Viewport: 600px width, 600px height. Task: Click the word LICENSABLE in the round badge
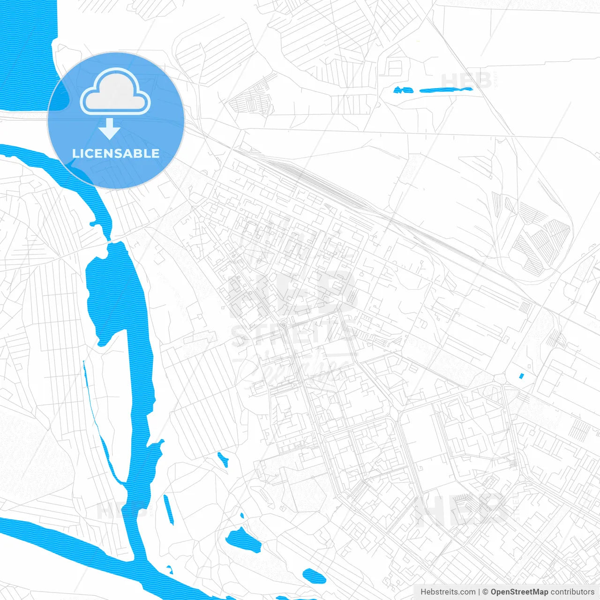coord(116,153)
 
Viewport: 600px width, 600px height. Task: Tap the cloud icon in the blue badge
coord(115,92)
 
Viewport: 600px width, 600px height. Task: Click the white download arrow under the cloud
coord(110,129)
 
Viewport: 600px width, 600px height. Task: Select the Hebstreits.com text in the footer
coord(448,592)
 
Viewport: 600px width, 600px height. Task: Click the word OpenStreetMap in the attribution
coord(519,592)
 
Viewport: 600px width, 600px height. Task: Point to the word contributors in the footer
coord(572,592)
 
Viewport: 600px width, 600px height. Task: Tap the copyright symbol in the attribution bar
coord(486,592)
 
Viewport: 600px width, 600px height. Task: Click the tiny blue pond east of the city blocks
coord(521,375)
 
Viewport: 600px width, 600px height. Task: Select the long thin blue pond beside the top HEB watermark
coord(445,90)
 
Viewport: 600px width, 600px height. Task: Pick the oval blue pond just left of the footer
coord(314,575)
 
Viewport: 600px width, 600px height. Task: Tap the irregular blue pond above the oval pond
coord(243,539)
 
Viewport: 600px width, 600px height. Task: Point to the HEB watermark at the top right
coord(466,81)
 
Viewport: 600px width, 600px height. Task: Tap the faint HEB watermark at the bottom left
coord(115,510)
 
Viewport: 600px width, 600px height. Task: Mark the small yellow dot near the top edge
coord(418,41)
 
